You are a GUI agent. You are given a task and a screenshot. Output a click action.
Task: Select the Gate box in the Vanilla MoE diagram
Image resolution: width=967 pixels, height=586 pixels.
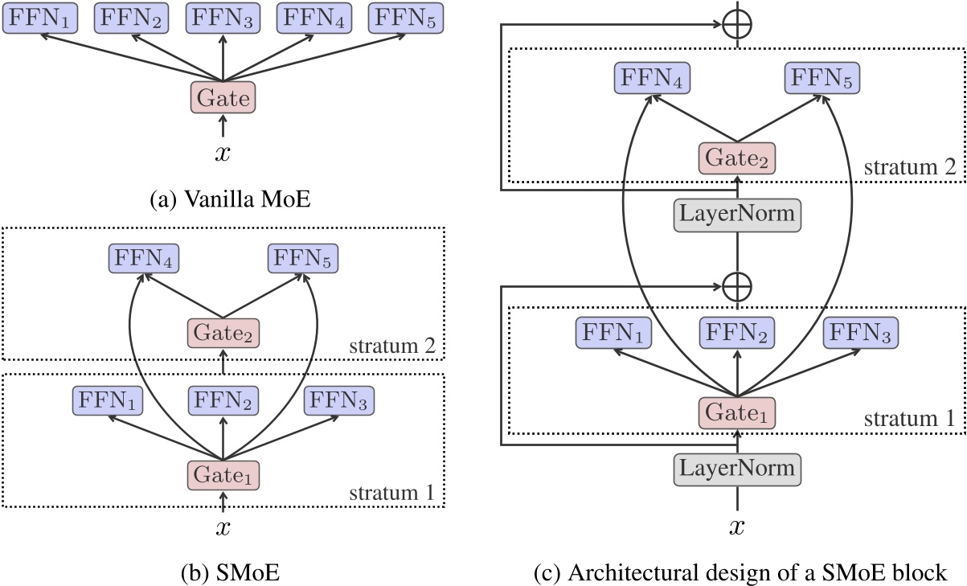point(223,98)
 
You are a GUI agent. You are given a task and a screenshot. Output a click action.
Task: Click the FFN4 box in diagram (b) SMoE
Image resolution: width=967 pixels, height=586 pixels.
point(143,259)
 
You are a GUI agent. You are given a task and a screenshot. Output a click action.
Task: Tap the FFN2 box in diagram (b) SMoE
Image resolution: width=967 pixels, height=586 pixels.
point(223,400)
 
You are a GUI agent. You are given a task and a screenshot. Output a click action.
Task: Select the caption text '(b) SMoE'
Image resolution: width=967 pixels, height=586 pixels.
point(223,572)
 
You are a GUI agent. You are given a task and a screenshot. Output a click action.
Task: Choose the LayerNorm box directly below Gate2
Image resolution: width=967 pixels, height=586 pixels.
point(737,215)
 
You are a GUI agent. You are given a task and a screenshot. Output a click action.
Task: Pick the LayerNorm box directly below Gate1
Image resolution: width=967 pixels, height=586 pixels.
point(737,466)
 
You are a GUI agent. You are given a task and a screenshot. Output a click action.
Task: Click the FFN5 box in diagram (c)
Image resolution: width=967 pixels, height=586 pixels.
point(821,79)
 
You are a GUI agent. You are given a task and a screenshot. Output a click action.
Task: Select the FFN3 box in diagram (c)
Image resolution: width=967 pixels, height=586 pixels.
point(860,332)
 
